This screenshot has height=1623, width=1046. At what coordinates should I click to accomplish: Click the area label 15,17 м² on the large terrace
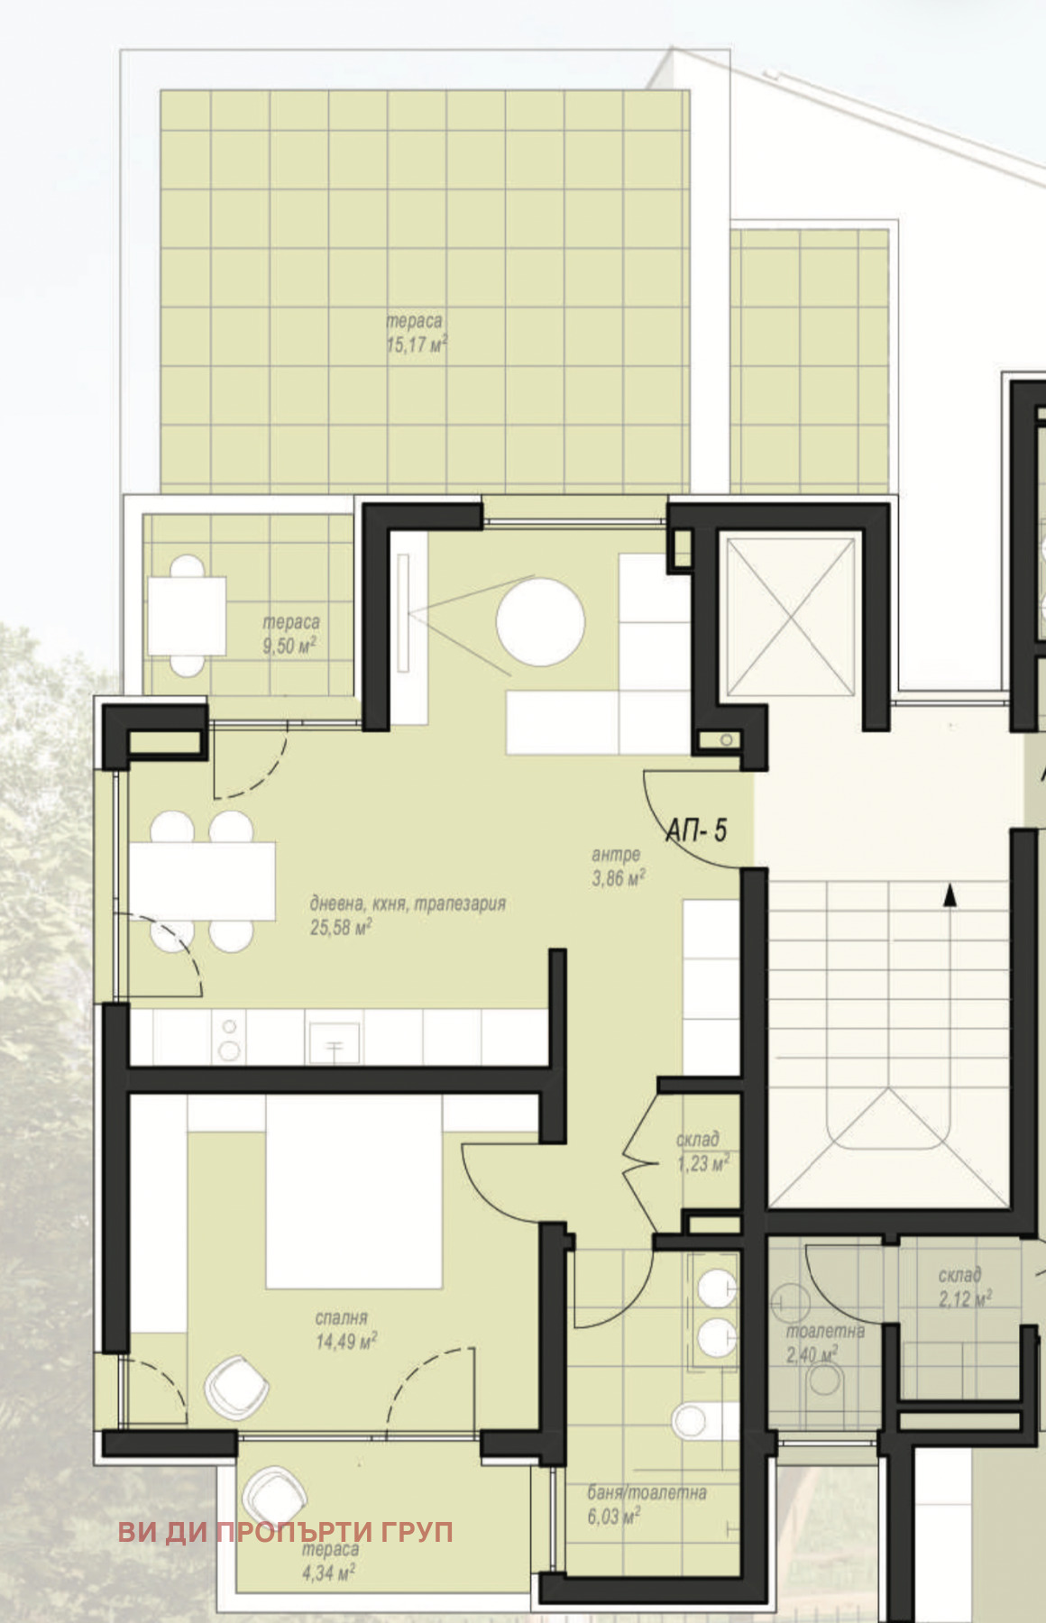pos(417,344)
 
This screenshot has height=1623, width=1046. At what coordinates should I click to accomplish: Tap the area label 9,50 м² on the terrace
pos(289,646)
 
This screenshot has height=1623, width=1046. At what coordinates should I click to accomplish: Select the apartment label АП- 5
pos(696,830)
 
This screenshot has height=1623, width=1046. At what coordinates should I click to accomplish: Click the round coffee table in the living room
pos(540,623)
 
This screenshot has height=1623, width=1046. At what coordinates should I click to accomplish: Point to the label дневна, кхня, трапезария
pos(408,903)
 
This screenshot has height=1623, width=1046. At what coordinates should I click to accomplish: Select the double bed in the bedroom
pos(353,1190)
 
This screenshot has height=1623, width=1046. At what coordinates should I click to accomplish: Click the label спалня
pos(342,1318)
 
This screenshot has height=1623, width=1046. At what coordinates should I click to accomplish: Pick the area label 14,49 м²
pos(346,1341)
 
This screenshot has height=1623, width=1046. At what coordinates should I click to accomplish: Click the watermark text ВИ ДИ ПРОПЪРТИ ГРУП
pos(286,1531)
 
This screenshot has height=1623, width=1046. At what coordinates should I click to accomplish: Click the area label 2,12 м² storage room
pos(965,1297)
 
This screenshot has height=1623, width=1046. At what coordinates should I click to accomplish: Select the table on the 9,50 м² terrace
pos(187,616)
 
